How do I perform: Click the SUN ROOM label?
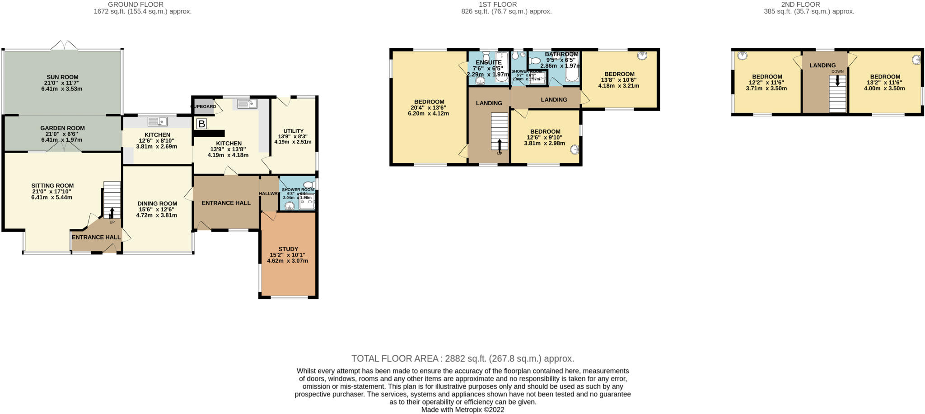point(62,77)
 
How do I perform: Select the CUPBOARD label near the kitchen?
point(204,107)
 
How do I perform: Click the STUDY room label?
point(288,249)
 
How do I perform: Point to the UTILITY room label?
point(294,131)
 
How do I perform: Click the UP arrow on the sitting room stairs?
point(112,213)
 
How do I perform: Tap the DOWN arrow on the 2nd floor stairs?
point(838,80)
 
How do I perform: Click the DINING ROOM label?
point(157,204)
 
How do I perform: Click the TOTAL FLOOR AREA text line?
point(462,359)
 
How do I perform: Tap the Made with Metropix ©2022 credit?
point(462,410)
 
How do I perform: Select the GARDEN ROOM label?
point(62,128)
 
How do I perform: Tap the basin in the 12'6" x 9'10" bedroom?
point(575,149)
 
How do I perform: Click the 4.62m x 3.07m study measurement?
point(287,260)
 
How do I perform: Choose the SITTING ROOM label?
point(52,186)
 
